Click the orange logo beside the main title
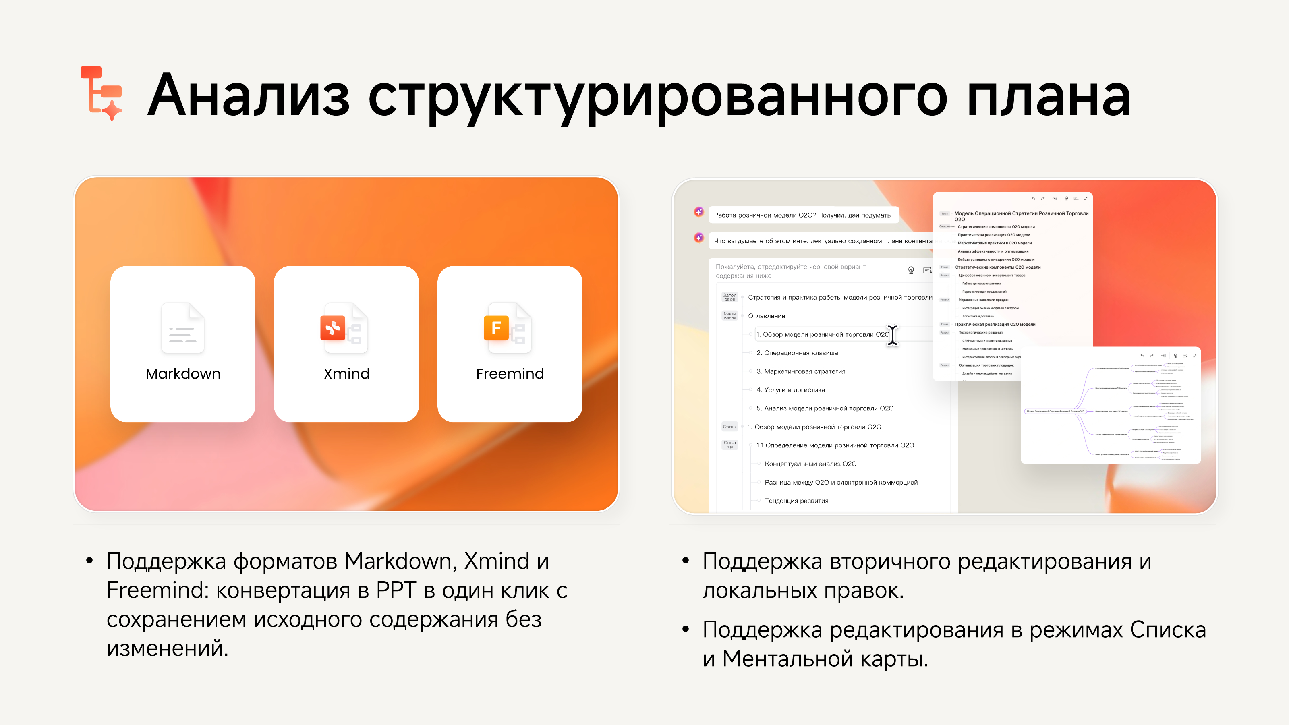pyautogui.click(x=102, y=93)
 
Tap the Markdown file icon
pyautogui.click(x=182, y=328)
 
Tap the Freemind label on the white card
pyautogui.click(x=510, y=374)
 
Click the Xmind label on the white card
pyautogui.click(x=346, y=374)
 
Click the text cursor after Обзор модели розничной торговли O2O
pyautogui.click(x=893, y=335)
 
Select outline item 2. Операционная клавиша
pyautogui.click(x=797, y=353)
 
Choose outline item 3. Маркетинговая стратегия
pyautogui.click(x=801, y=372)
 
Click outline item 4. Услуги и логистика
pyautogui.click(x=791, y=390)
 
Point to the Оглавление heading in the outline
pyautogui.click(x=766, y=316)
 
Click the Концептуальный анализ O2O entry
pyautogui.click(x=810, y=464)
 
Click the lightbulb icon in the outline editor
pyautogui.click(x=911, y=270)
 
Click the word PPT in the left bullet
pyautogui.click(x=395, y=591)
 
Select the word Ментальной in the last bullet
pyautogui.click(x=787, y=659)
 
